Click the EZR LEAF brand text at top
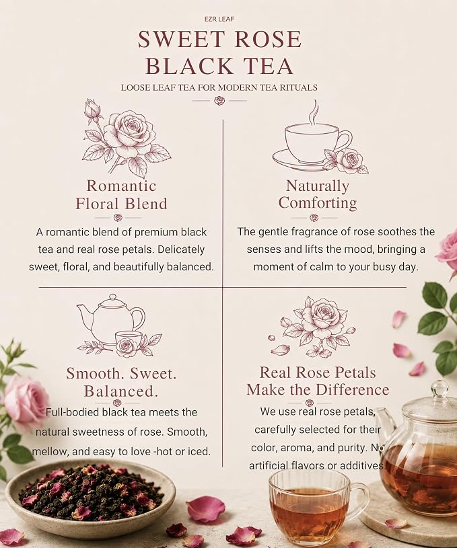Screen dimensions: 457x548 219,19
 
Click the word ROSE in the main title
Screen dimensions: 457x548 267,39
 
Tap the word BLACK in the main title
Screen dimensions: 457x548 189,65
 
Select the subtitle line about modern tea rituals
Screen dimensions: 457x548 219,87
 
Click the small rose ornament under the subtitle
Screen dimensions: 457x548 219,101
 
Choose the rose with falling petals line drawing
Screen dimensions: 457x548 312,327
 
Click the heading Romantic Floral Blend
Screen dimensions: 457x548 121,194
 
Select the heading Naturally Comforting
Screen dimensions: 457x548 318,194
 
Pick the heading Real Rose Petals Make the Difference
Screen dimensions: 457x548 318,381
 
